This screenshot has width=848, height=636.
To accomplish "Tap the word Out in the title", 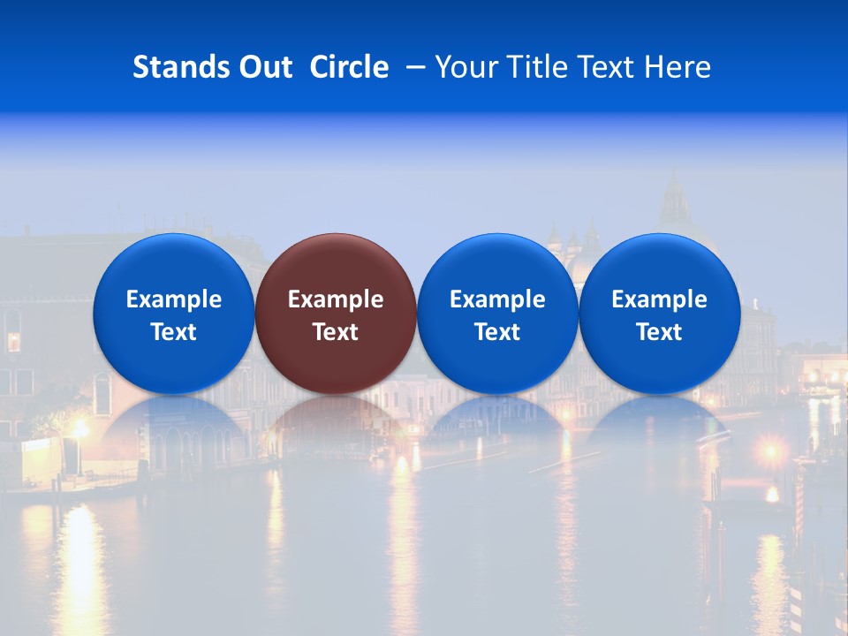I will point(263,67).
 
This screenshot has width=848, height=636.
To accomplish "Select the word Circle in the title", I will point(349,67).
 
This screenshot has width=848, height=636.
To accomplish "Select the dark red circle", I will point(336,265).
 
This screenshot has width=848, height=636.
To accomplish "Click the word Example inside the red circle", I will point(336,299).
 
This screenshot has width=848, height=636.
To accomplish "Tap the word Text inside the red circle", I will point(336,332).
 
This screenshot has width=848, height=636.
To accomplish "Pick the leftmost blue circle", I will point(173,265).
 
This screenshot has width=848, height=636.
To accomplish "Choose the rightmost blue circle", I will point(660,265).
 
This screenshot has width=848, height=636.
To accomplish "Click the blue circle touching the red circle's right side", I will point(497,265).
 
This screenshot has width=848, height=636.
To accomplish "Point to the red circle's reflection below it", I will point(336,420).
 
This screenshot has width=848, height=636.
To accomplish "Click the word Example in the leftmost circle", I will point(173,299).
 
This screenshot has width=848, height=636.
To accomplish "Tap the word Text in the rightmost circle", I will point(660,332).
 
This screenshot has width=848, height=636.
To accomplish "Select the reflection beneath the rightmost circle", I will point(660,420).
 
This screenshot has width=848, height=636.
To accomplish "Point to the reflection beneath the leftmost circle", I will point(173,420).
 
